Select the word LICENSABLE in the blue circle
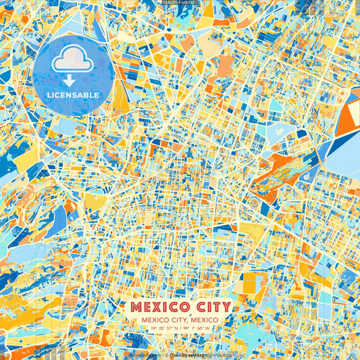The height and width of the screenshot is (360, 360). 72,95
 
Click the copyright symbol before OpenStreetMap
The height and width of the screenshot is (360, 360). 166,355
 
